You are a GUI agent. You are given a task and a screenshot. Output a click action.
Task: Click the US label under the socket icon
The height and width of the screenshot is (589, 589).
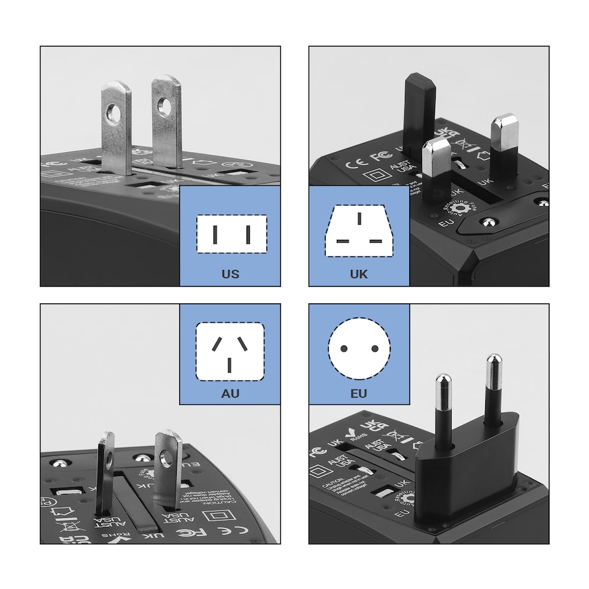click(231, 274)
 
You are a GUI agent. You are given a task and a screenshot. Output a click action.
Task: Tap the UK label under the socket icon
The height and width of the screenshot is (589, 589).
click(359, 274)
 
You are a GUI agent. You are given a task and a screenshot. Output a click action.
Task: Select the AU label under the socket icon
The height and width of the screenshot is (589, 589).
click(230, 393)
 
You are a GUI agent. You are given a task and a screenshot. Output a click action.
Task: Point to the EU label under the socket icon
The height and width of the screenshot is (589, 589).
click(359, 393)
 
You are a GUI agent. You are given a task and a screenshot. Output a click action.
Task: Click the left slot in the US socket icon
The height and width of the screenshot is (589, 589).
click(215, 234)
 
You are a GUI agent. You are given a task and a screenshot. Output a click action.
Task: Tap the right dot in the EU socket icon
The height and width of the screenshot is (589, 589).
click(375, 348)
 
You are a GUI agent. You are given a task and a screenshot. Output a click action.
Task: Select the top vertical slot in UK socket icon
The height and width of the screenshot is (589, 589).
click(360, 218)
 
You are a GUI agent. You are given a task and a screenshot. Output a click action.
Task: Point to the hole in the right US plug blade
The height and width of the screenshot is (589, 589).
click(164, 107)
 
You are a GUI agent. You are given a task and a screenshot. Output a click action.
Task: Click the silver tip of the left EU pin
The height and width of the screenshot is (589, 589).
click(444, 387)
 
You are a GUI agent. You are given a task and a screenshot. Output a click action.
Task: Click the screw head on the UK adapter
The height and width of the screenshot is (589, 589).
click(488, 221)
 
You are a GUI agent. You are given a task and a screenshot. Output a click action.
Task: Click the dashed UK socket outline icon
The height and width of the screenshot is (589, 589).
click(359, 231)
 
